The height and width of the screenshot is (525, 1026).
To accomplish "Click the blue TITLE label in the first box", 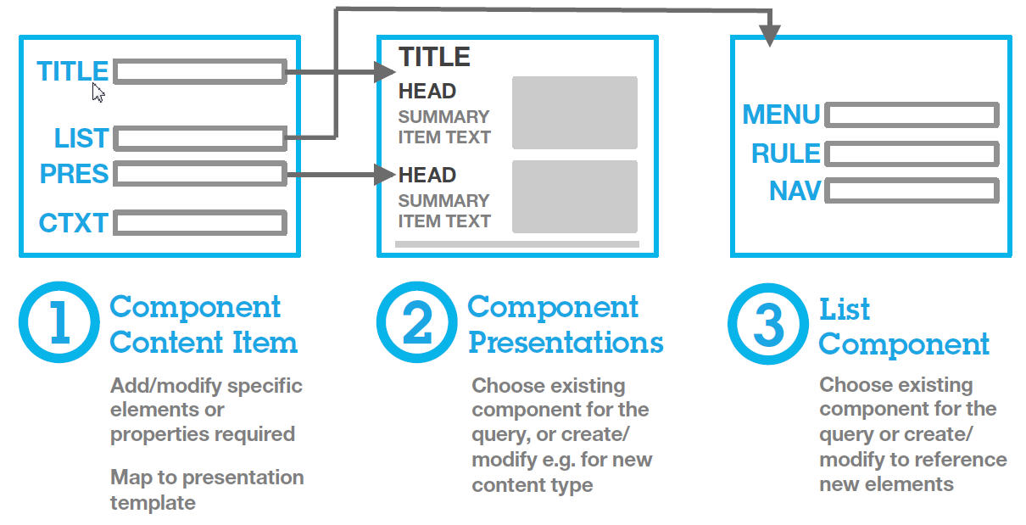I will point(72,71).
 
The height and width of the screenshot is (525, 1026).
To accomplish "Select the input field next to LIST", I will point(199,138).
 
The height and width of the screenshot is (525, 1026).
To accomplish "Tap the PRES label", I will point(74,174).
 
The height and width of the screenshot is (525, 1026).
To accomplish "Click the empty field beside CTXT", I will point(199,223).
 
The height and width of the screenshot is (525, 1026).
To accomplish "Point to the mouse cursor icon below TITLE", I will point(98,92).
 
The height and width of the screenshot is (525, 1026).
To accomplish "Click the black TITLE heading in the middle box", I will point(434,57).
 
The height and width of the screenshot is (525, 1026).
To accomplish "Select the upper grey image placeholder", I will point(574,113).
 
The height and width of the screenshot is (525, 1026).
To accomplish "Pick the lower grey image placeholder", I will point(574,197).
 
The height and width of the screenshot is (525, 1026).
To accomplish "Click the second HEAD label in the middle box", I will point(427,176).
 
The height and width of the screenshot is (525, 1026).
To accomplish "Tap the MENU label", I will point(781,114).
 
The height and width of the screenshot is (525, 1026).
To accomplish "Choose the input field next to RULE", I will point(912,154).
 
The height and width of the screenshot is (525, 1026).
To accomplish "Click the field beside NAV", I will point(912,191).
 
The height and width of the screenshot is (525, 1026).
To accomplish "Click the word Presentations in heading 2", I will point(566,343).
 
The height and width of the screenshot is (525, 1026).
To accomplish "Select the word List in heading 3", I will point(845,310).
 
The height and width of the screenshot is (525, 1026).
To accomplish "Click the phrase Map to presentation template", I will point(206,489).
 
